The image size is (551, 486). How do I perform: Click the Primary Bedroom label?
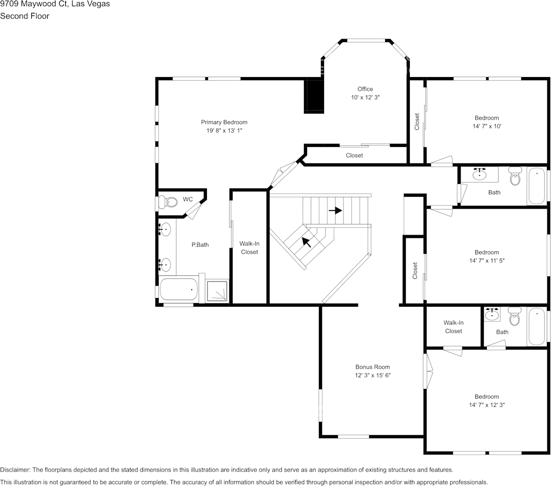coord(224,122)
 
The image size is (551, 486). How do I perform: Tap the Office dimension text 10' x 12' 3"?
coord(365,97)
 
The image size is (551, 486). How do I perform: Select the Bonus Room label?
coord(372,367)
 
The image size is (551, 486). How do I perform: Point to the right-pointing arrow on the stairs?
coord(335,210)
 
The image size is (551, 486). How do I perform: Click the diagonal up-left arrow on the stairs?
coord(307,241)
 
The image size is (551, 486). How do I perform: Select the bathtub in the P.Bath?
coord(178,290)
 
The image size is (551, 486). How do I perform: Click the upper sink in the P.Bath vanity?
coord(166,229)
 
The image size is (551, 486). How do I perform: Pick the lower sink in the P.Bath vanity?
coord(166,265)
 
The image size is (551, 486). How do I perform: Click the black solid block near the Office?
coord(314,96)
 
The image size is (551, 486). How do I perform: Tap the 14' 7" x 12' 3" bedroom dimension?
coord(487,405)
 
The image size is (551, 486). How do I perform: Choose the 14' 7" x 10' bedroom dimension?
coord(486,126)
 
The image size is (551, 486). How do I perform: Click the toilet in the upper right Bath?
coord(515,177)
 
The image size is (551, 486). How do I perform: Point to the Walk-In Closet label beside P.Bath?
coord(249,248)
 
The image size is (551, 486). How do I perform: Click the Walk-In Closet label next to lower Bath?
coord(453,327)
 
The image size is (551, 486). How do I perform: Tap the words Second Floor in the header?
coord(25,16)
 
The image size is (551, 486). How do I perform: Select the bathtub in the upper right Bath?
coord(537,186)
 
